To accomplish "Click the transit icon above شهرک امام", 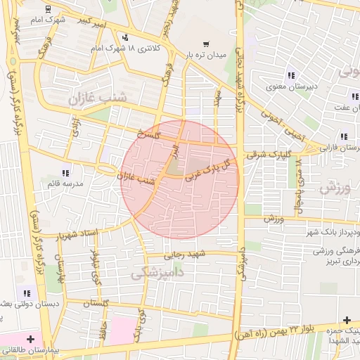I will pos(46,9).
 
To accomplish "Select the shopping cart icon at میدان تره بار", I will pos(205,43).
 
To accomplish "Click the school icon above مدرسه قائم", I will pos(65,172).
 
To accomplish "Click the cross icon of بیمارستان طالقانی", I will pos(30,339).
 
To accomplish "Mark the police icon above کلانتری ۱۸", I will pos(125,37).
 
